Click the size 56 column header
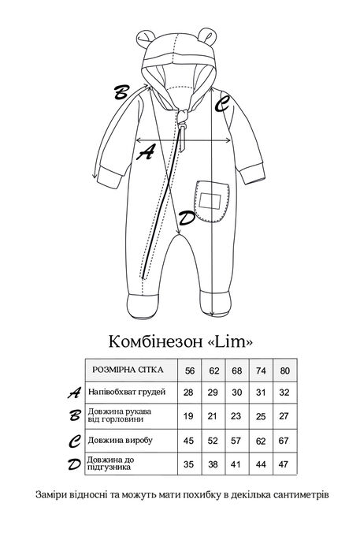pyautogui.click(x=189, y=371)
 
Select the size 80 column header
pyautogui.click(x=284, y=371)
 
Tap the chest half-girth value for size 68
pyautogui.click(x=236, y=393)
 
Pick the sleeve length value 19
pyautogui.click(x=188, y=416)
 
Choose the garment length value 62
pyautogui.click(x=261, y=441)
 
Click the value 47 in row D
pyautogui.click(x=284, y=464)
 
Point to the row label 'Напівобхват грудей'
pyautogui.click(x=127, y=392)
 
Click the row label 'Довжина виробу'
pyautogui.click(x=120, y=440)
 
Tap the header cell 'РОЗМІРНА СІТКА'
pyautogui.click(x=128, y=370)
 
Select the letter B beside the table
pyautogui.click(x=74, y=415)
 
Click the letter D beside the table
pyautogui.click(x=74, y=464)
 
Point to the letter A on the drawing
pyautogui.click(x=146, y=152)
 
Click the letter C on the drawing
pyautogui.click(x=221, y=103)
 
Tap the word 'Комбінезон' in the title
pyautogui.click(x=155, y=341)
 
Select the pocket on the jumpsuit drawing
pyautogui.click(x=212, y=202)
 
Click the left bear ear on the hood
pyautogui.click(x=144, y=38)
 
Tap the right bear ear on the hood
pyautogui.click(x=207, y=35)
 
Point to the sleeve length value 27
pyautogui.click(x=284, y=416)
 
